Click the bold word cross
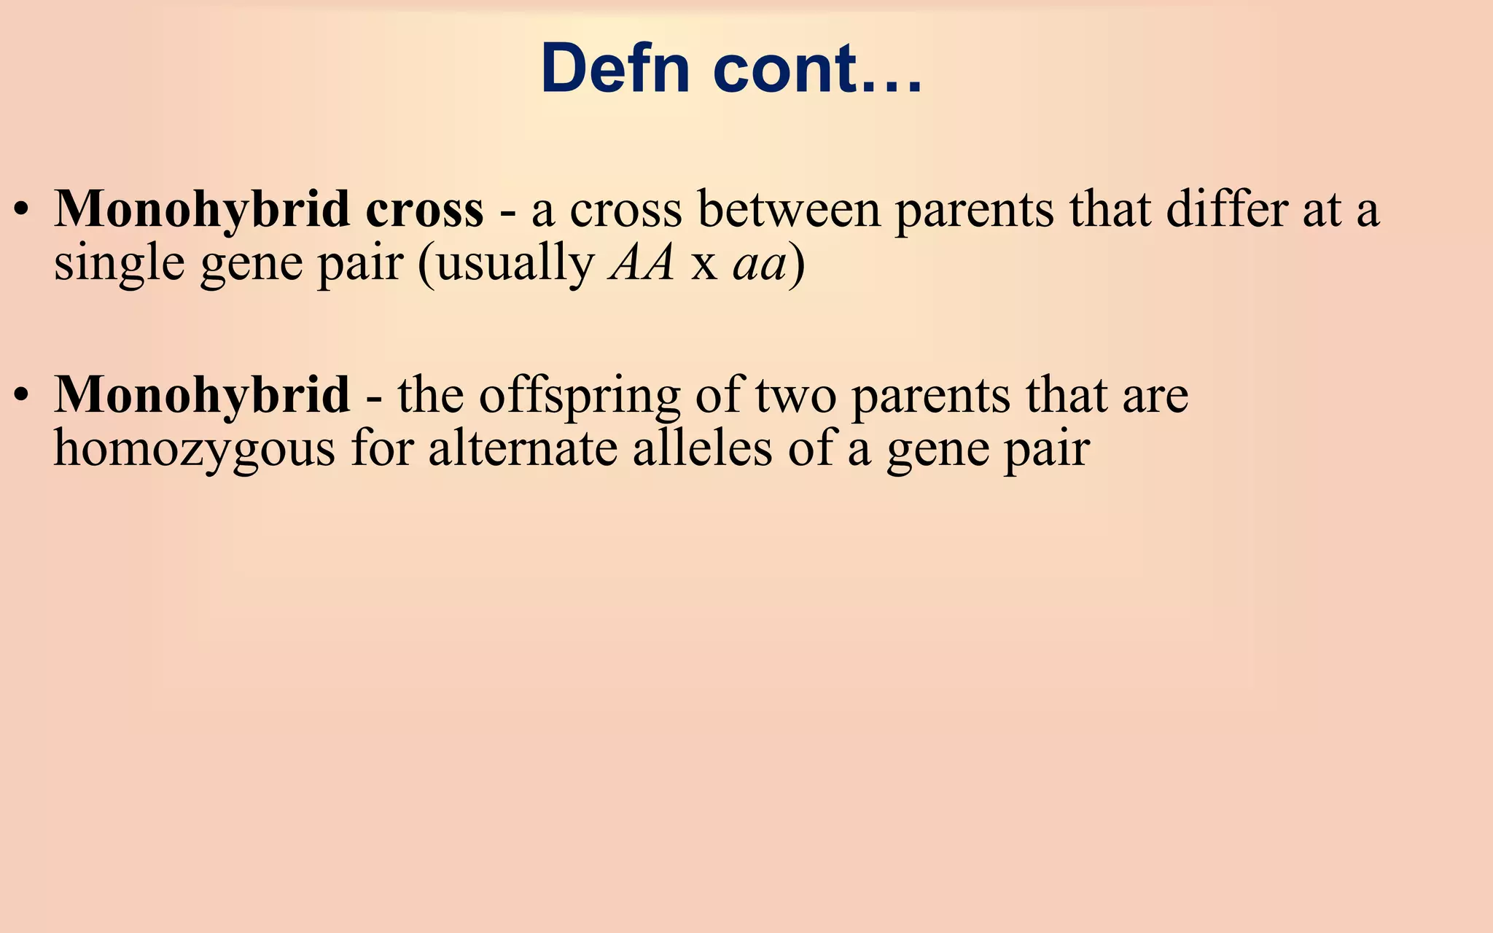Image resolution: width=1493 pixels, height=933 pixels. (x=424, y=209)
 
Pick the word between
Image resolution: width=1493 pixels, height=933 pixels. (x=789, y=209)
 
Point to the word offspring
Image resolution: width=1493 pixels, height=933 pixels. (x=579, y=396)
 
